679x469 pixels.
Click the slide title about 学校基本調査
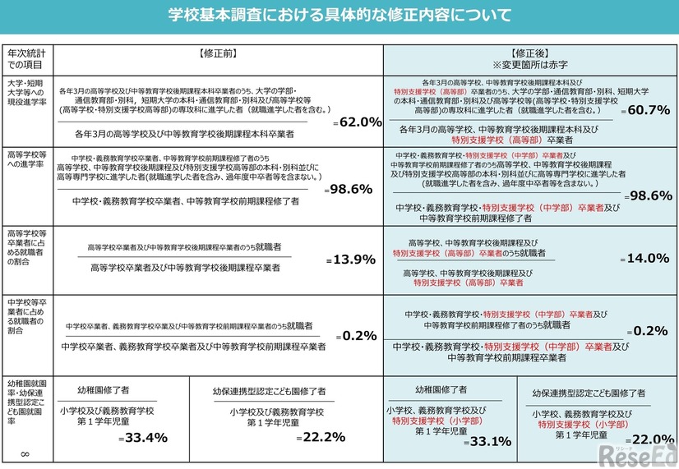tap(339, 15)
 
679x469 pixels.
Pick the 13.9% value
tap(353, 260)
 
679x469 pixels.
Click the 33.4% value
tap(146, 437)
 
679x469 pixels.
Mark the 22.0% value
tap(654, 440)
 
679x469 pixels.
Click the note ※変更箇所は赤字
tap(529, 64)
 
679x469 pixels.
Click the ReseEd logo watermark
tap(636, 455)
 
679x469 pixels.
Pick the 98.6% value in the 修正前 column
tap(352, 189)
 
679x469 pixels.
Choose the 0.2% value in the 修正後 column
tap(651, 331)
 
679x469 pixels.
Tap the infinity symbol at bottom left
tap(24, 454)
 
